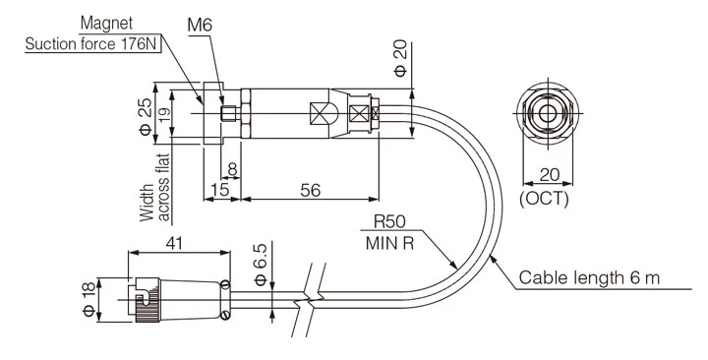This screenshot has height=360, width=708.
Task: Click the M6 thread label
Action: coord(200,26)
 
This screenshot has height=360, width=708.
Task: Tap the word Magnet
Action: coord(106,24)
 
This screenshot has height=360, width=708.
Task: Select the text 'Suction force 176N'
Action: coord(93,44)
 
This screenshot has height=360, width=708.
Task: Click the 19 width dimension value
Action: coord(165,114)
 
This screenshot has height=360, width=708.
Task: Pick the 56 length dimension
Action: coord(311,190)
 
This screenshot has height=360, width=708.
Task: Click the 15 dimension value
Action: coord(220,190)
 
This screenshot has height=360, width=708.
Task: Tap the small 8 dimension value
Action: coord(232,169)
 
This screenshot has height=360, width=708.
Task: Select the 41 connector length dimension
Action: coord(174,244)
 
